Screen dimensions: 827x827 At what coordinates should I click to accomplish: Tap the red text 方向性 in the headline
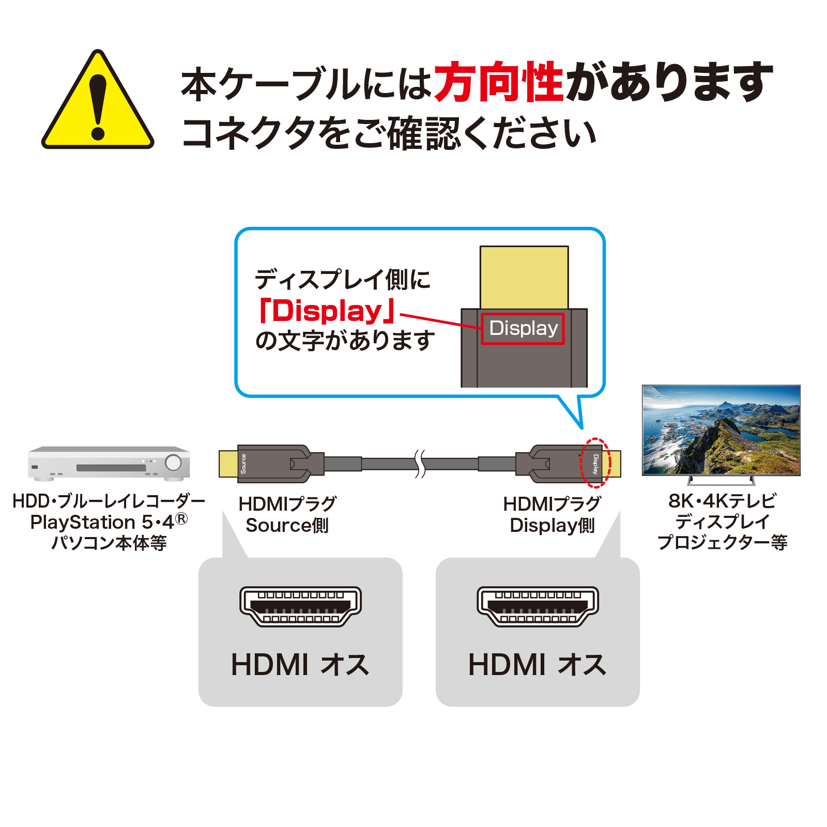click(498, 82)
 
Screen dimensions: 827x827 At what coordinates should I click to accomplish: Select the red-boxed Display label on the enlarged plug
click(523, 328)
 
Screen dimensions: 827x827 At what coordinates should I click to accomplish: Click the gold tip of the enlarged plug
click(524, 277)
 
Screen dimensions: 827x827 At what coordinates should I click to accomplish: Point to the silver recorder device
click(109, 463)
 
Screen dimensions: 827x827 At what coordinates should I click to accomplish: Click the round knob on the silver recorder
click(173, 462)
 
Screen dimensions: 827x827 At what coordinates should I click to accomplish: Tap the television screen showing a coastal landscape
click(721, 430)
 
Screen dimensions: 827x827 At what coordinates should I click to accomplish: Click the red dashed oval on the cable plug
click(595, 463)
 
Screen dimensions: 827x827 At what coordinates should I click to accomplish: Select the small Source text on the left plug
click(243, 464)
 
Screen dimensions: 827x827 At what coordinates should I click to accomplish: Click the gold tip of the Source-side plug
click(228, 464)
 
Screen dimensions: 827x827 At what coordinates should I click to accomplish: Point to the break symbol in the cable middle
click(420, 463)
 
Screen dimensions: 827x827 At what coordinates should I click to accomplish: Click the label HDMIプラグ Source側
click(287, 514)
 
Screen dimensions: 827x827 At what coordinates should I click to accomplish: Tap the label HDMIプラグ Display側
click(552, 514)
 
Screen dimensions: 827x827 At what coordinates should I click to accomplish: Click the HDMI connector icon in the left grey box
click(300, 607)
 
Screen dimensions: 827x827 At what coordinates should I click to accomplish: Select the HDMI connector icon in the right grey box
click(538, 607)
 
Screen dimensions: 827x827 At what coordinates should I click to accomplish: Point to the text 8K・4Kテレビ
click(722, 501)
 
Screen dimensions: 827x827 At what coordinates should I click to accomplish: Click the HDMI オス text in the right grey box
click(538, 665)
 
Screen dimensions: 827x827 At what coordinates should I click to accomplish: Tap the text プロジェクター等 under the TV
click(722, 542)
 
